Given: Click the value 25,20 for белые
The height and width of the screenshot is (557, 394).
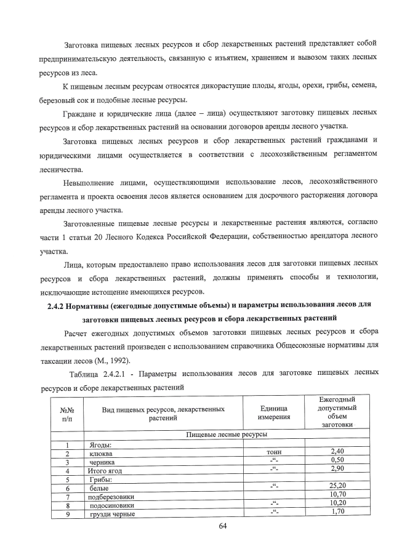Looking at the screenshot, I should pos(337,486).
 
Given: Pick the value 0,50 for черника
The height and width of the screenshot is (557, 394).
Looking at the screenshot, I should pos(337,460).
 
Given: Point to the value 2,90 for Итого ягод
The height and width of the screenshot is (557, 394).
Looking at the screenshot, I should pos(337,469).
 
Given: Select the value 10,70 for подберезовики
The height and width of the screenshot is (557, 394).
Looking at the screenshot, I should pos(337,494).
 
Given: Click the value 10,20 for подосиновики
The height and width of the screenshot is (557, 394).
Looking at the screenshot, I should pos(337,502).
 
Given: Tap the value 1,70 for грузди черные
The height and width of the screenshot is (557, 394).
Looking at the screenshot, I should pos(337,511).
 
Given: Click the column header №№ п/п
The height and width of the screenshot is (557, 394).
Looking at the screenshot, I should pos(67,412).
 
